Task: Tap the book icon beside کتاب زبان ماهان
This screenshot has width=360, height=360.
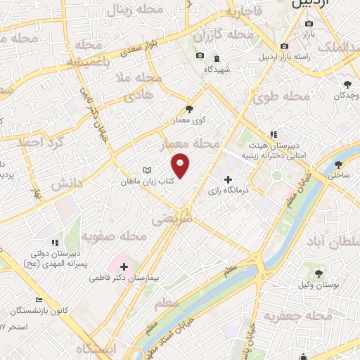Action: point(146,170)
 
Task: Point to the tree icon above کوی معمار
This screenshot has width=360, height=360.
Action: point(188,108)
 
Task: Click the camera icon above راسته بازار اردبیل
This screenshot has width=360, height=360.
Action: point(284,47)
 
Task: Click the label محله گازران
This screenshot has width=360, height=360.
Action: point(224,34)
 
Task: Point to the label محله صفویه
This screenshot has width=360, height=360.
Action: point(113,236)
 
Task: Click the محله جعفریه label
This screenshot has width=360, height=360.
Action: point(297,317)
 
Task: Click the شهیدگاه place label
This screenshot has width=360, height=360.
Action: point(218,70)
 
